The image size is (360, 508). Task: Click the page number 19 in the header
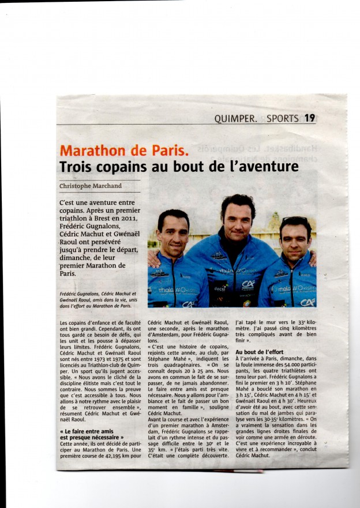310,118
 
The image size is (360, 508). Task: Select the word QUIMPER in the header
234,119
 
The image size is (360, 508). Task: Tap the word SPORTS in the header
283,119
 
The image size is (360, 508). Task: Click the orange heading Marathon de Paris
124,151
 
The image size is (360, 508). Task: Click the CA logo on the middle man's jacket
248,284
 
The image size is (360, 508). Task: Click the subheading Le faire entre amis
87,431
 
